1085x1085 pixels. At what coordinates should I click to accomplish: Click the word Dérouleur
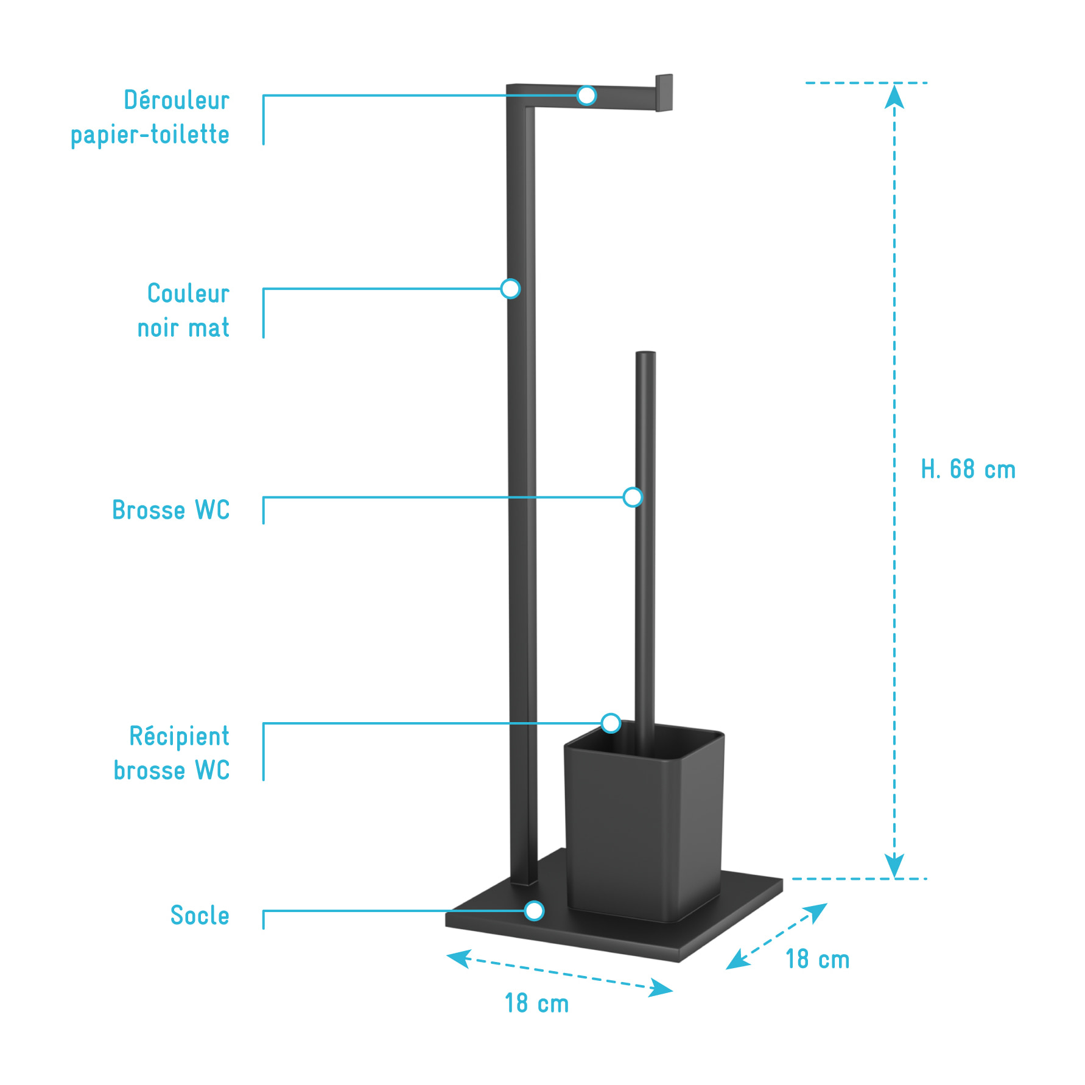[x=177, y=100]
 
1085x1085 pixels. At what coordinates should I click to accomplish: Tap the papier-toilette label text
[x=150, y=135]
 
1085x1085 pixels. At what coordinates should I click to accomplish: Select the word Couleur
[x=188, y=293]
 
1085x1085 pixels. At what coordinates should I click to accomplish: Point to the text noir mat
[x=183, y=328]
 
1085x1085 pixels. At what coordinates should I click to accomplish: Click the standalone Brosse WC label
[x=171, y=510]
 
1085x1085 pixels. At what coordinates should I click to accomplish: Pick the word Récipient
[x=180, y=736]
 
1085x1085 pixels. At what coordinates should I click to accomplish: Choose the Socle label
[x=200, y=915]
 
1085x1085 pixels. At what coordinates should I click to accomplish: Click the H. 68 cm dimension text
[x=968, y=469]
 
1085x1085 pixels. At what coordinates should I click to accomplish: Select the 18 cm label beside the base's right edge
[x=817, y=959]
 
